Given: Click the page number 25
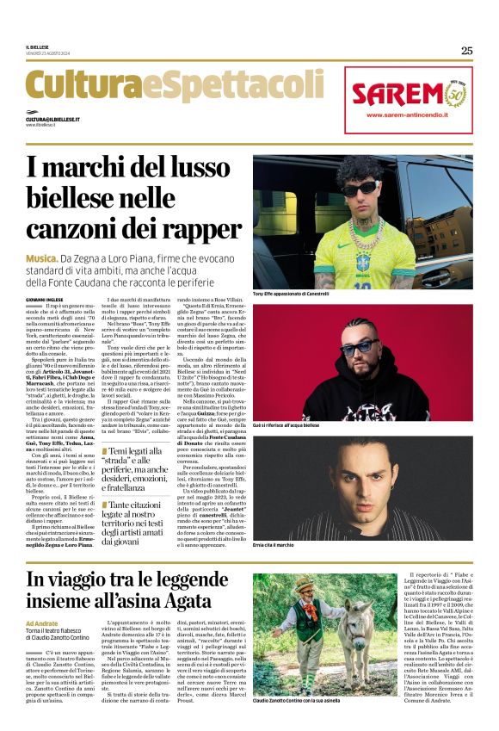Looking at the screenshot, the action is (466, 50).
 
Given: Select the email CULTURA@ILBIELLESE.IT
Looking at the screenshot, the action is (52, 119).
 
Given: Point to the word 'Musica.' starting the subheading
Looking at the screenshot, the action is (41, 257).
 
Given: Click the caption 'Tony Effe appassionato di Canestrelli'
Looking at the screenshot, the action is (304, 294).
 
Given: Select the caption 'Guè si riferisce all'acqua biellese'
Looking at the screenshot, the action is (299, 424).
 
